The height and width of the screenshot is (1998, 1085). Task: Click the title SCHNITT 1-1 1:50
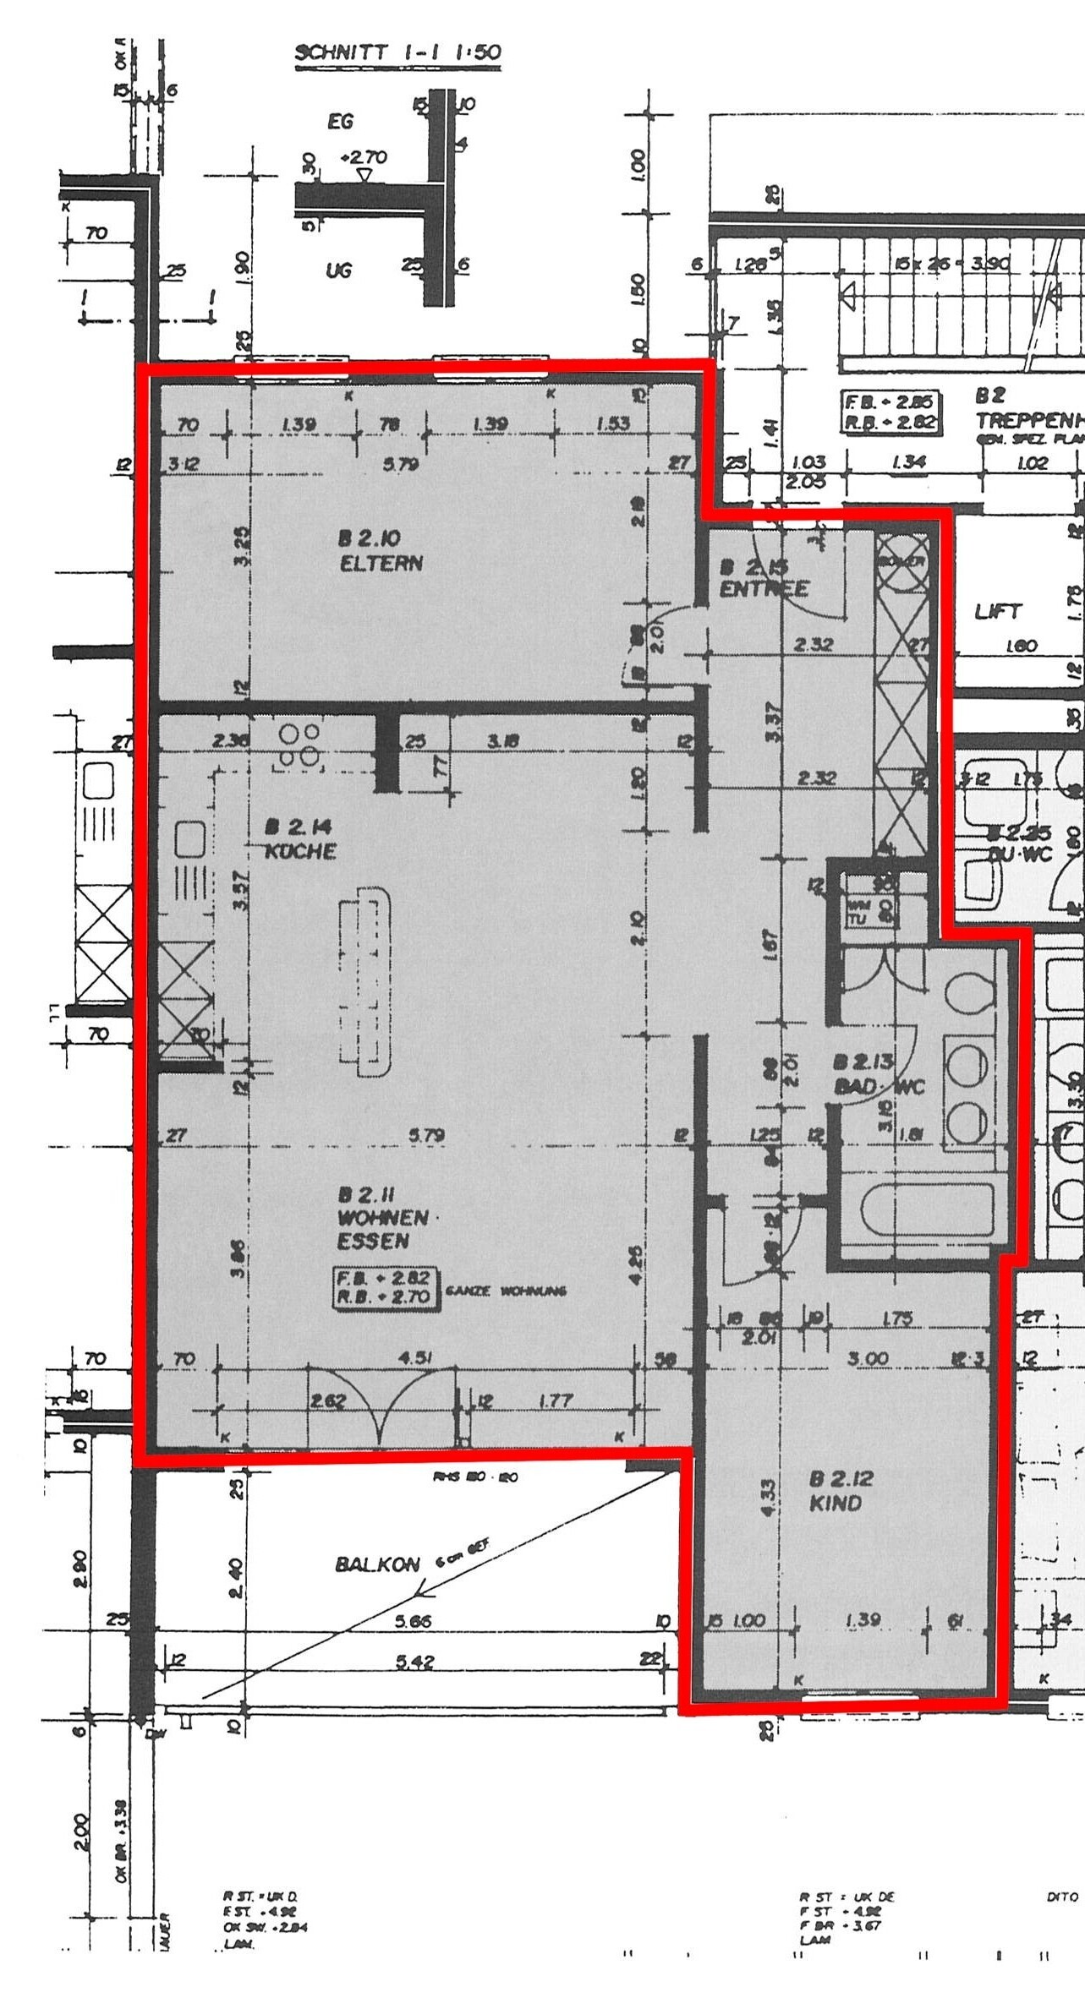[397, 52]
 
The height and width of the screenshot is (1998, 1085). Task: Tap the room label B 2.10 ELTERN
[380, 551]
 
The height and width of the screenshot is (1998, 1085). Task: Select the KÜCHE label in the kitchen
[300, 851]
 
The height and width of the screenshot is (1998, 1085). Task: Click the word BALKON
[377, 1564]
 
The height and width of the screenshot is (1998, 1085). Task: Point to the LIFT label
[999, 611]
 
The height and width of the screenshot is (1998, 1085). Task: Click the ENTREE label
[764, 589]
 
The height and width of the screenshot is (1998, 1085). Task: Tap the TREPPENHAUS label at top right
[1028, 420]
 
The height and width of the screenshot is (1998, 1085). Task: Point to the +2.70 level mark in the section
[364, 157]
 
